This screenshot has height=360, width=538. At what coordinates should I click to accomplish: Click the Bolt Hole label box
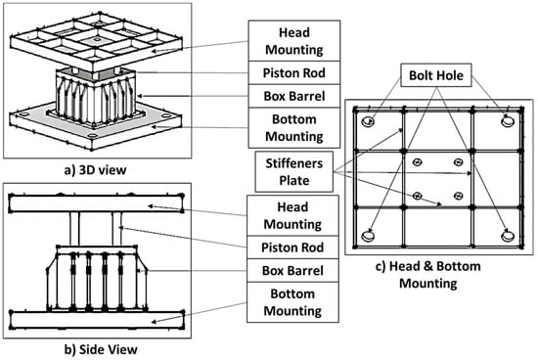click(x=436, y=75)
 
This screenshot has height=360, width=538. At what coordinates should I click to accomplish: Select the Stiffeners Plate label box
click(x=294, y=171)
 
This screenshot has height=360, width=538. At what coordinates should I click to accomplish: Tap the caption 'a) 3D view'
click(x=96, y=170)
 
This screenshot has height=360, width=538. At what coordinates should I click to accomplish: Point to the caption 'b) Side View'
click(x=101, y=349)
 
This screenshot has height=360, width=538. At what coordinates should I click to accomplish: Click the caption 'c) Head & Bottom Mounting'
click(x=428, y=275)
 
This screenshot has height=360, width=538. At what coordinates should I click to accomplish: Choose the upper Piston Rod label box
click(x=294, y=72)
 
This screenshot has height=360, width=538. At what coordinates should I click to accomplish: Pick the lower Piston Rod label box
click(x=292, y=247)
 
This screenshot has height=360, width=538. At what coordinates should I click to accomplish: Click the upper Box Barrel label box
click(x=294, y=96)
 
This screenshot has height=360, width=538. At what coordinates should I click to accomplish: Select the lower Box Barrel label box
click(x=292, y=270)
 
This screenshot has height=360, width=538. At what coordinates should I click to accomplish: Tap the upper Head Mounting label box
click(x=294, y=41)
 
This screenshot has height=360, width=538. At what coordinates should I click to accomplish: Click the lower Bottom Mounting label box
click(x=292, y=302)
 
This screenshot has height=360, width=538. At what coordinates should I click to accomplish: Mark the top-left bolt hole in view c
click(x=369, y=121)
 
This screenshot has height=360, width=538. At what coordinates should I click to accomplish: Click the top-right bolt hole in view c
click(x=508, y=121)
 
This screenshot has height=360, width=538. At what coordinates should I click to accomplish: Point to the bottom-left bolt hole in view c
click(x=368, y=236)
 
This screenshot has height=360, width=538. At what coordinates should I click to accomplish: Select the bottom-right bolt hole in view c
click(x=508, y=236)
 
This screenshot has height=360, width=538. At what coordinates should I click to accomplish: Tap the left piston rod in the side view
click(x=74, y=229)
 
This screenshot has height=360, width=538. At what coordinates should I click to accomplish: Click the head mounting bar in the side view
click(x=97, y=203)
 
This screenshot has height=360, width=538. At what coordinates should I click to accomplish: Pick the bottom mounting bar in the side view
click(x=97, y=320)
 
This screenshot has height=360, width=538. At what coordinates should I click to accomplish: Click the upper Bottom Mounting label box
click(x=294, y=128)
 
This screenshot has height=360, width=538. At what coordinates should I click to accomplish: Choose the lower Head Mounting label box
click(x=292, y=215)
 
